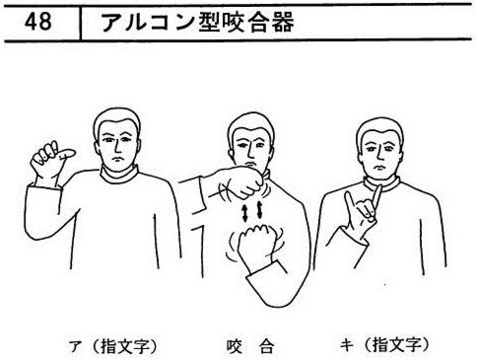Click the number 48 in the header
(38, 22)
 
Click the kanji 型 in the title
(210, 23)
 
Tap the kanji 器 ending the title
(282, 23)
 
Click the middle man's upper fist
(243, 181)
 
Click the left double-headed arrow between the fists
(244, 212)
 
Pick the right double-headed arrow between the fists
(260, 210)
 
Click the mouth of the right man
(379, 168)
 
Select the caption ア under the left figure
(75, 347)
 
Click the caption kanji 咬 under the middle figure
(235, 346)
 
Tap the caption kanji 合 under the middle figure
(266, 346)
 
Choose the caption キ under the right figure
(347, 346)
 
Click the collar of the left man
(118, 175)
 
